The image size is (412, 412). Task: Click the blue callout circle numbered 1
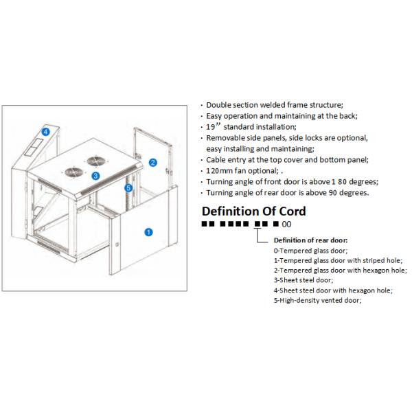coord(148,232)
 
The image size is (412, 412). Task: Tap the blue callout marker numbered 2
coord(153,163)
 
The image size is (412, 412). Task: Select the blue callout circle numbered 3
coord(95,176)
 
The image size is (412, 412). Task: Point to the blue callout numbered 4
coord(45,131)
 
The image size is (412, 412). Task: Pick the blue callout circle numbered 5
coord(128,187)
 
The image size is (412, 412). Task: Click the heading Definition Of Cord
coord(253,211)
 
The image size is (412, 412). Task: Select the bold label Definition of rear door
coord(310,240)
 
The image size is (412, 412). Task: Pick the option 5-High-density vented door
coord(317,300)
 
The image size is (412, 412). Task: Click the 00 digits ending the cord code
coord(287,225)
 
